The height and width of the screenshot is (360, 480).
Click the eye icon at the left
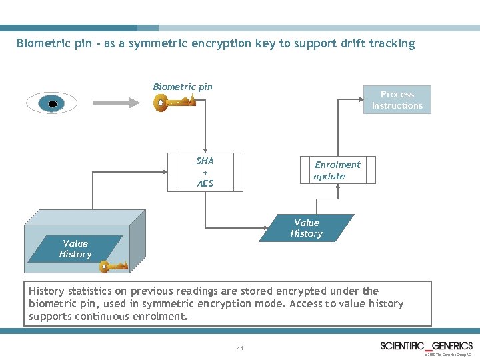pos(51,103)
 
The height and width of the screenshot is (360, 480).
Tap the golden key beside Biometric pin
pos(174,103)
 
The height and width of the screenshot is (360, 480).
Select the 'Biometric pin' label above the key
pos(183,87)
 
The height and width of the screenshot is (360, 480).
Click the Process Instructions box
pos(397,100)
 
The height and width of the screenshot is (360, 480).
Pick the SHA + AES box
pos(205,172)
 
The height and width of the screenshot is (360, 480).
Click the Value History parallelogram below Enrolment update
pos(307,228)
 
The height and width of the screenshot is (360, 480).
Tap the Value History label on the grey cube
pos(75,249)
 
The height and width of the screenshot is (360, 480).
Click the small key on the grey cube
pos(113,267)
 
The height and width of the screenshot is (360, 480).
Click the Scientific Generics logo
pos(427,345)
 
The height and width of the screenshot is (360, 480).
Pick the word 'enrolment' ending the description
pos(162,316)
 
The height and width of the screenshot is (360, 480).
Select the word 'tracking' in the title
pos(393,44)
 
